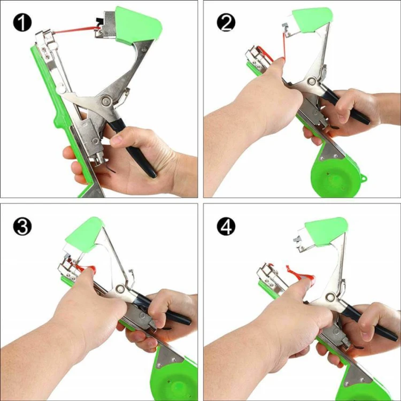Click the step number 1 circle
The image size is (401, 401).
[x=22, y=22]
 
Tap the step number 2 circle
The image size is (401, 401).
[x=226, y=22]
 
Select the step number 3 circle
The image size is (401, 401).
[x=22, y=226]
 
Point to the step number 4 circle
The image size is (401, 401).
[x=226, y=226]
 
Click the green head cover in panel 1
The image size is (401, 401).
[x=138, y=25]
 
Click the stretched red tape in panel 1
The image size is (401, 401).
[x=75, y=29]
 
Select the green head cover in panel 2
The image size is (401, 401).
[x=312, y=20]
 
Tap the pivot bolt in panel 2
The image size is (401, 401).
[x=311, y=81]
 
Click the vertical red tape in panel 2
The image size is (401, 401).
[x=283, y=45]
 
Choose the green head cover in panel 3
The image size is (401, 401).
[x=84, y=234]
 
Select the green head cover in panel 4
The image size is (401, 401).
[x=326, y=232]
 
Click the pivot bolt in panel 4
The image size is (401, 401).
[x=331, y=297]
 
